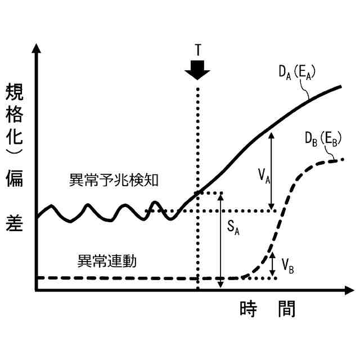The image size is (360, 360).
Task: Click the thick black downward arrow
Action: click(197, 71)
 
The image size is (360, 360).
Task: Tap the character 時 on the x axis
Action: click(249, 309)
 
